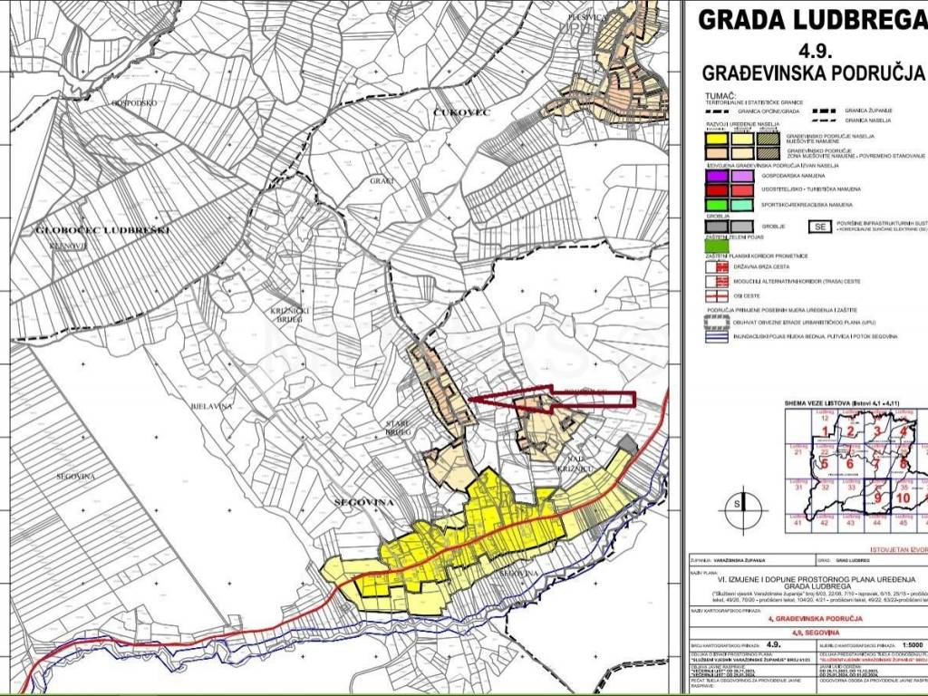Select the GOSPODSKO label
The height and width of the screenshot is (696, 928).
pyautogui.click(x=135, y=103)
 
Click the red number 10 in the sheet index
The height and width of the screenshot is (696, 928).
pyautogui.click(x=903, y=497)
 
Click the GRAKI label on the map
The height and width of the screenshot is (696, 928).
pyautogui.click(x=381, y=181)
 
